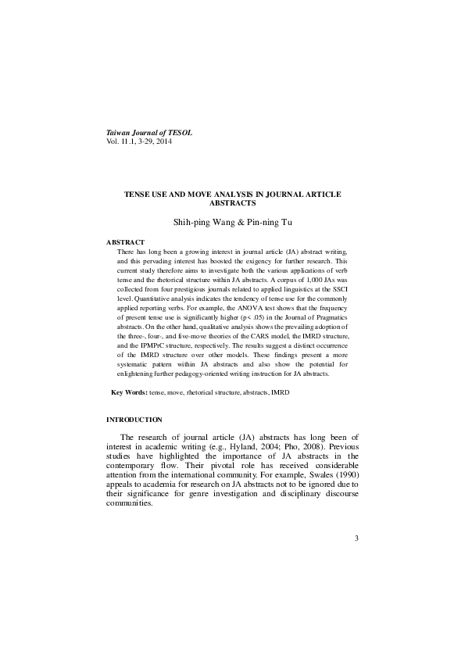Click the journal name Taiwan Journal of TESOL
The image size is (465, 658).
(148, 134)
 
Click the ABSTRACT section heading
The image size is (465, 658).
(125, 242)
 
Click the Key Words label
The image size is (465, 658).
(129, 390)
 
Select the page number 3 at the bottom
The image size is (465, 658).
(356, 538)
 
